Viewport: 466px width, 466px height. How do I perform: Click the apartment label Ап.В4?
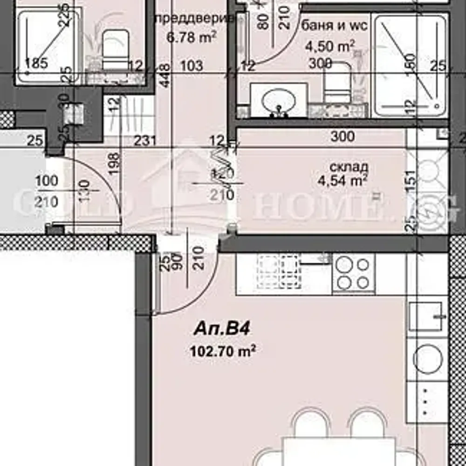(222, 329)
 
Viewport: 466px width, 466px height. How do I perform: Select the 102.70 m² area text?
(223, 351)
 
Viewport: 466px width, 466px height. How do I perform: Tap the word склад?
(349, 167)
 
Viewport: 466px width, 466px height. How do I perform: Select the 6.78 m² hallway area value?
(192, 36)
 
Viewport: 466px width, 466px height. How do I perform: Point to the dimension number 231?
(144, 140)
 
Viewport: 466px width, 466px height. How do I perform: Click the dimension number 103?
(191, 65)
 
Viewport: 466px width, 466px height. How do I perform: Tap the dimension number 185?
(36, 63)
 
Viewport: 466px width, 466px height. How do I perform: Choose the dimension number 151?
(411, 177)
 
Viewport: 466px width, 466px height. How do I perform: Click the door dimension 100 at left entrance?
(47, 181)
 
